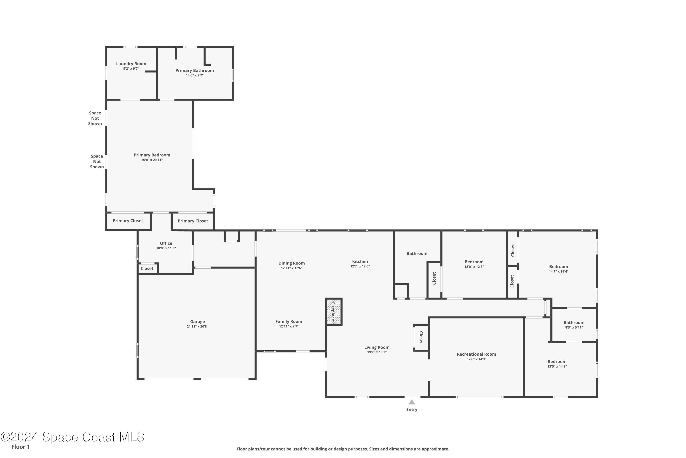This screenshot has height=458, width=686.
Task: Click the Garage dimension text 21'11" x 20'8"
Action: [x=198, y=327]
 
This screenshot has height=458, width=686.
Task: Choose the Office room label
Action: [x=166, y=243]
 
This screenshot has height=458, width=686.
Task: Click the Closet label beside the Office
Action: [x=147, y=269]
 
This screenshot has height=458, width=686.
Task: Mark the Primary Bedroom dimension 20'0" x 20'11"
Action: [x=152, y=160]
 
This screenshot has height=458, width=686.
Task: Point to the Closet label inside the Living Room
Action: [x=421, y=337]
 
